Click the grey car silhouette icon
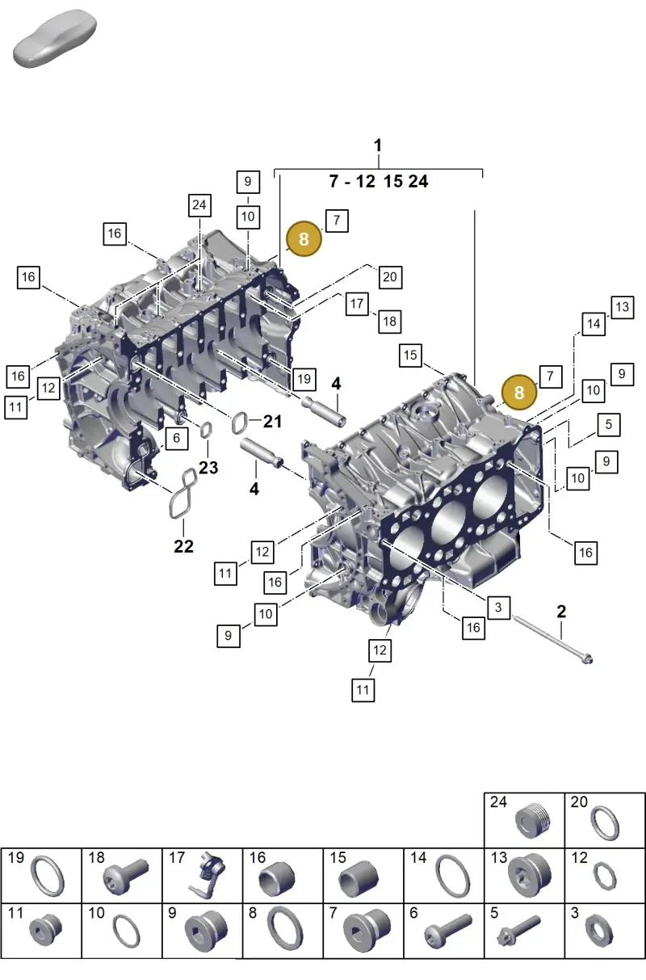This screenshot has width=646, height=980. click(x=54, y=38)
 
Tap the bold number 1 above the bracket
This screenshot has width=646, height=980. click(x=379, y=145)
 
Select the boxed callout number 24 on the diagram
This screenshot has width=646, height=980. click(x=200, y=205)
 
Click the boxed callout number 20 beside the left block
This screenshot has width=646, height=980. click(x=390, y=277)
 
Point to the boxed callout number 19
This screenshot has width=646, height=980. click(x=304, y=378)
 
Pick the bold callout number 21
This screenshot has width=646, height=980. click(x=272, y=421)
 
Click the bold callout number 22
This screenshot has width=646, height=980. click(x=183, y=546)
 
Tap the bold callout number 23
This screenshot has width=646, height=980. click(x=208, y=468)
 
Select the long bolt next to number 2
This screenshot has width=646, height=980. click(x=553, y=639)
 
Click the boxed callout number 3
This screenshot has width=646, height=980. click(x=498, y=608)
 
